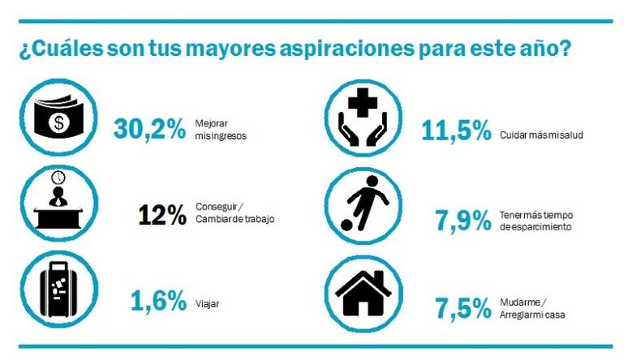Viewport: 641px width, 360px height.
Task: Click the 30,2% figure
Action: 149,129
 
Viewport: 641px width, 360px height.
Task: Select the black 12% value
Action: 162,215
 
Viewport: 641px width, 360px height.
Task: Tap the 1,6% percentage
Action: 158,301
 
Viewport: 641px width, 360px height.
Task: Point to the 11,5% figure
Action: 456,131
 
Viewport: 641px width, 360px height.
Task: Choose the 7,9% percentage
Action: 463,221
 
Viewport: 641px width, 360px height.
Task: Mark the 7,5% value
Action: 463,308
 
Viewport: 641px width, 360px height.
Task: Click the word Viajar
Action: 207,304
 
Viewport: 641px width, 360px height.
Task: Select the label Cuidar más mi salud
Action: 541,135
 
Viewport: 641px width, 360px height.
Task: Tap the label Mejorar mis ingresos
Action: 221,130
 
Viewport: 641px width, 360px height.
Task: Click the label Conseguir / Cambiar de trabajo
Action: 235,213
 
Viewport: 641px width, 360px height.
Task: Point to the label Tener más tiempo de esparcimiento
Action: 536,221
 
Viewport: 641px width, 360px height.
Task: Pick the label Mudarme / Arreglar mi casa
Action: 532,308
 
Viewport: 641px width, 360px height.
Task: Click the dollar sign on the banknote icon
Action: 59,122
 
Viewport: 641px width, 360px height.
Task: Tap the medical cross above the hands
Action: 363,102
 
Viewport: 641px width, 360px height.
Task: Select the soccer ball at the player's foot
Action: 346,225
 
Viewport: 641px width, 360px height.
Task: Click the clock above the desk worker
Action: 58,178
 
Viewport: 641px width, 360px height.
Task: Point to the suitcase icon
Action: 59,289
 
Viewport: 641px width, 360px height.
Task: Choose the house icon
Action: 364,294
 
